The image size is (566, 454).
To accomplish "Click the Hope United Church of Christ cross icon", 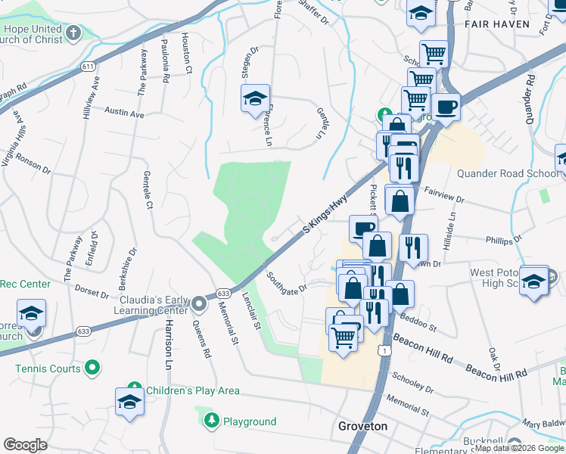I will pos(73,33).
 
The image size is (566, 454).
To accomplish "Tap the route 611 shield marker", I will pos(89,67).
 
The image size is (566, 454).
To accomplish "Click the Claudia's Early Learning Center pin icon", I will pos(199,303).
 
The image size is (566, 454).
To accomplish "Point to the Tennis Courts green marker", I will pos(92,368).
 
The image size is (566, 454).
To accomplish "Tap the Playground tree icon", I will pos(213,421).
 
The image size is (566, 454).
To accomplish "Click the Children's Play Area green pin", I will pos(135,390).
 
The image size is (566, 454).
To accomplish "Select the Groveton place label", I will pos(362,427).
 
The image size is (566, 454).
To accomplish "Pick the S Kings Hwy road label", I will pos(325,217).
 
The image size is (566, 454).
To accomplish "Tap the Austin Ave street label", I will pos(124,113).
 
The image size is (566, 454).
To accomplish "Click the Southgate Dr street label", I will pos(287,281).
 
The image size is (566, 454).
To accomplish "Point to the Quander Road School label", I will pos(507,173).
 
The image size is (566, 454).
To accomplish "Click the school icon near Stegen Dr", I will pos(256,98).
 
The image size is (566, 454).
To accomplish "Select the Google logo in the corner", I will pos(25,445).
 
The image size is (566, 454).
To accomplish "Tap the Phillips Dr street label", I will pos(500,240).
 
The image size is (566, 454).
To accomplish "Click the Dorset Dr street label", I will pos(92,291).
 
